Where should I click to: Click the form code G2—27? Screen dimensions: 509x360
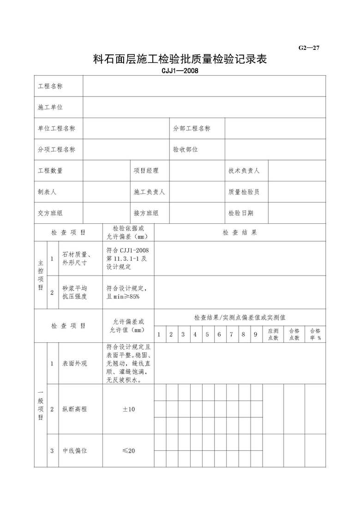click(309, 47)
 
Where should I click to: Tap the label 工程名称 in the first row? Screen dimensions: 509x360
click(50, 86)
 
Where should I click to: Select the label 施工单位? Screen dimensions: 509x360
click(50, 107)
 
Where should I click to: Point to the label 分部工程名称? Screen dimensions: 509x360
click(192, 128)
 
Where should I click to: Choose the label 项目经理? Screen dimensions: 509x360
click(146, 171)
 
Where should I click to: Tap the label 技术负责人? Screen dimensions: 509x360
click(244, 171)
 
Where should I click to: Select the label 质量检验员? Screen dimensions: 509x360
click(244, 192)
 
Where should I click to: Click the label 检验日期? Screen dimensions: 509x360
click(240, 213)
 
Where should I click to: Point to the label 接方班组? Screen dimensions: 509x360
click(146, 213)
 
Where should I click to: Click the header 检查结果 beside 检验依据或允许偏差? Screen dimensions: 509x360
click(240, 233)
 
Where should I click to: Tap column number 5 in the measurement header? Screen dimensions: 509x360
click(207, 335)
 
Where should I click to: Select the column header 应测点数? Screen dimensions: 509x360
click(273, 335)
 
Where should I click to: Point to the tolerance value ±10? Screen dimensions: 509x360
click(128, 409)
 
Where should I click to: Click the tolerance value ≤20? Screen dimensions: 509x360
click(128, 450)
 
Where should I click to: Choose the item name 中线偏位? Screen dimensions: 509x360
click(75, 450)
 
